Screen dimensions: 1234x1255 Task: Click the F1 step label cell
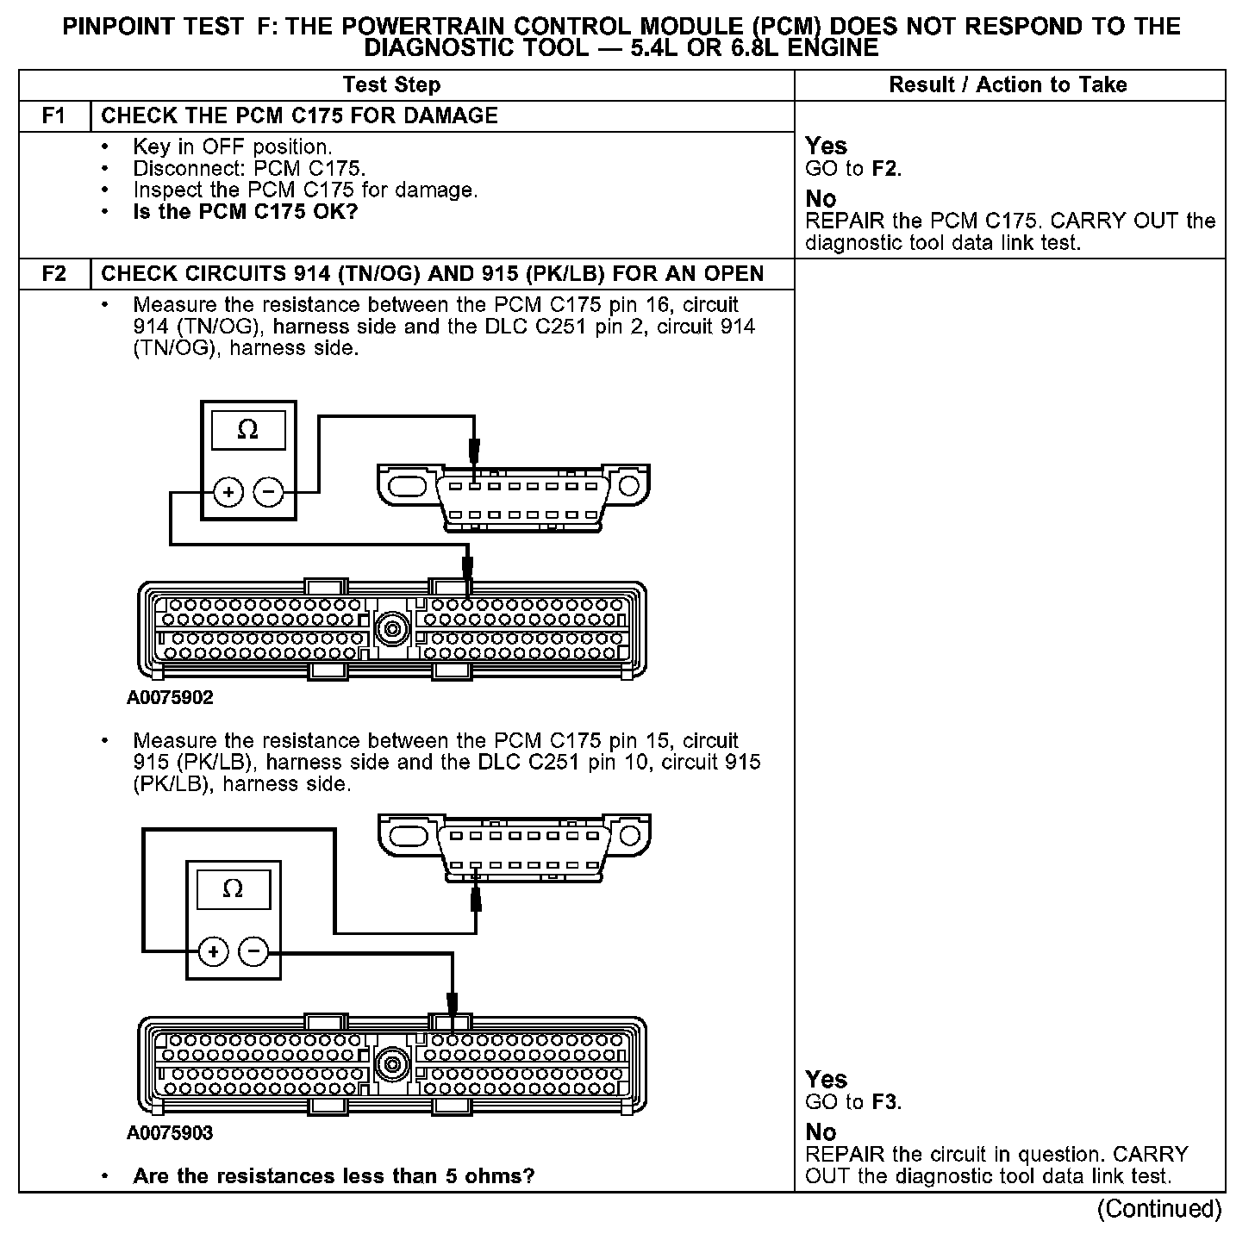point(54,116)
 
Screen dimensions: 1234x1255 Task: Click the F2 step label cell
point(54,274)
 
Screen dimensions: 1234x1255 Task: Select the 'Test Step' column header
point(391,84)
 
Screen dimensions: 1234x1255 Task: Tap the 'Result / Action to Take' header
point(1008,84)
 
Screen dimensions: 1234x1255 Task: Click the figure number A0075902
point(170,698)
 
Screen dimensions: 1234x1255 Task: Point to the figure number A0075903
point(170,1133)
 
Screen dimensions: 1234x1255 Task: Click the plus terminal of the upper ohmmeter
point(228,493)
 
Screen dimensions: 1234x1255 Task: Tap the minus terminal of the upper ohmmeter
point(269,493)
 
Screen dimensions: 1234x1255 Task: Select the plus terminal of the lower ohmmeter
point(213,951)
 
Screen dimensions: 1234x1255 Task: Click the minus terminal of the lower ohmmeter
point(253,951)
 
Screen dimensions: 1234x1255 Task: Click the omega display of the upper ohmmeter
point(248,430)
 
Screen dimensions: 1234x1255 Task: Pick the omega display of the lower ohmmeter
point(233,889)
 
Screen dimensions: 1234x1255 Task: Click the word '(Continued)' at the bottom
point(1159,1209)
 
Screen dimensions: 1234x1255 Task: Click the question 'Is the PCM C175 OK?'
point(245,212)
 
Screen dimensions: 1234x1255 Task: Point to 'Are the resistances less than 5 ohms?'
point(334,1176)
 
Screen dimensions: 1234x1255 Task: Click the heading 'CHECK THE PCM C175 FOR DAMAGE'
point(299,116)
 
